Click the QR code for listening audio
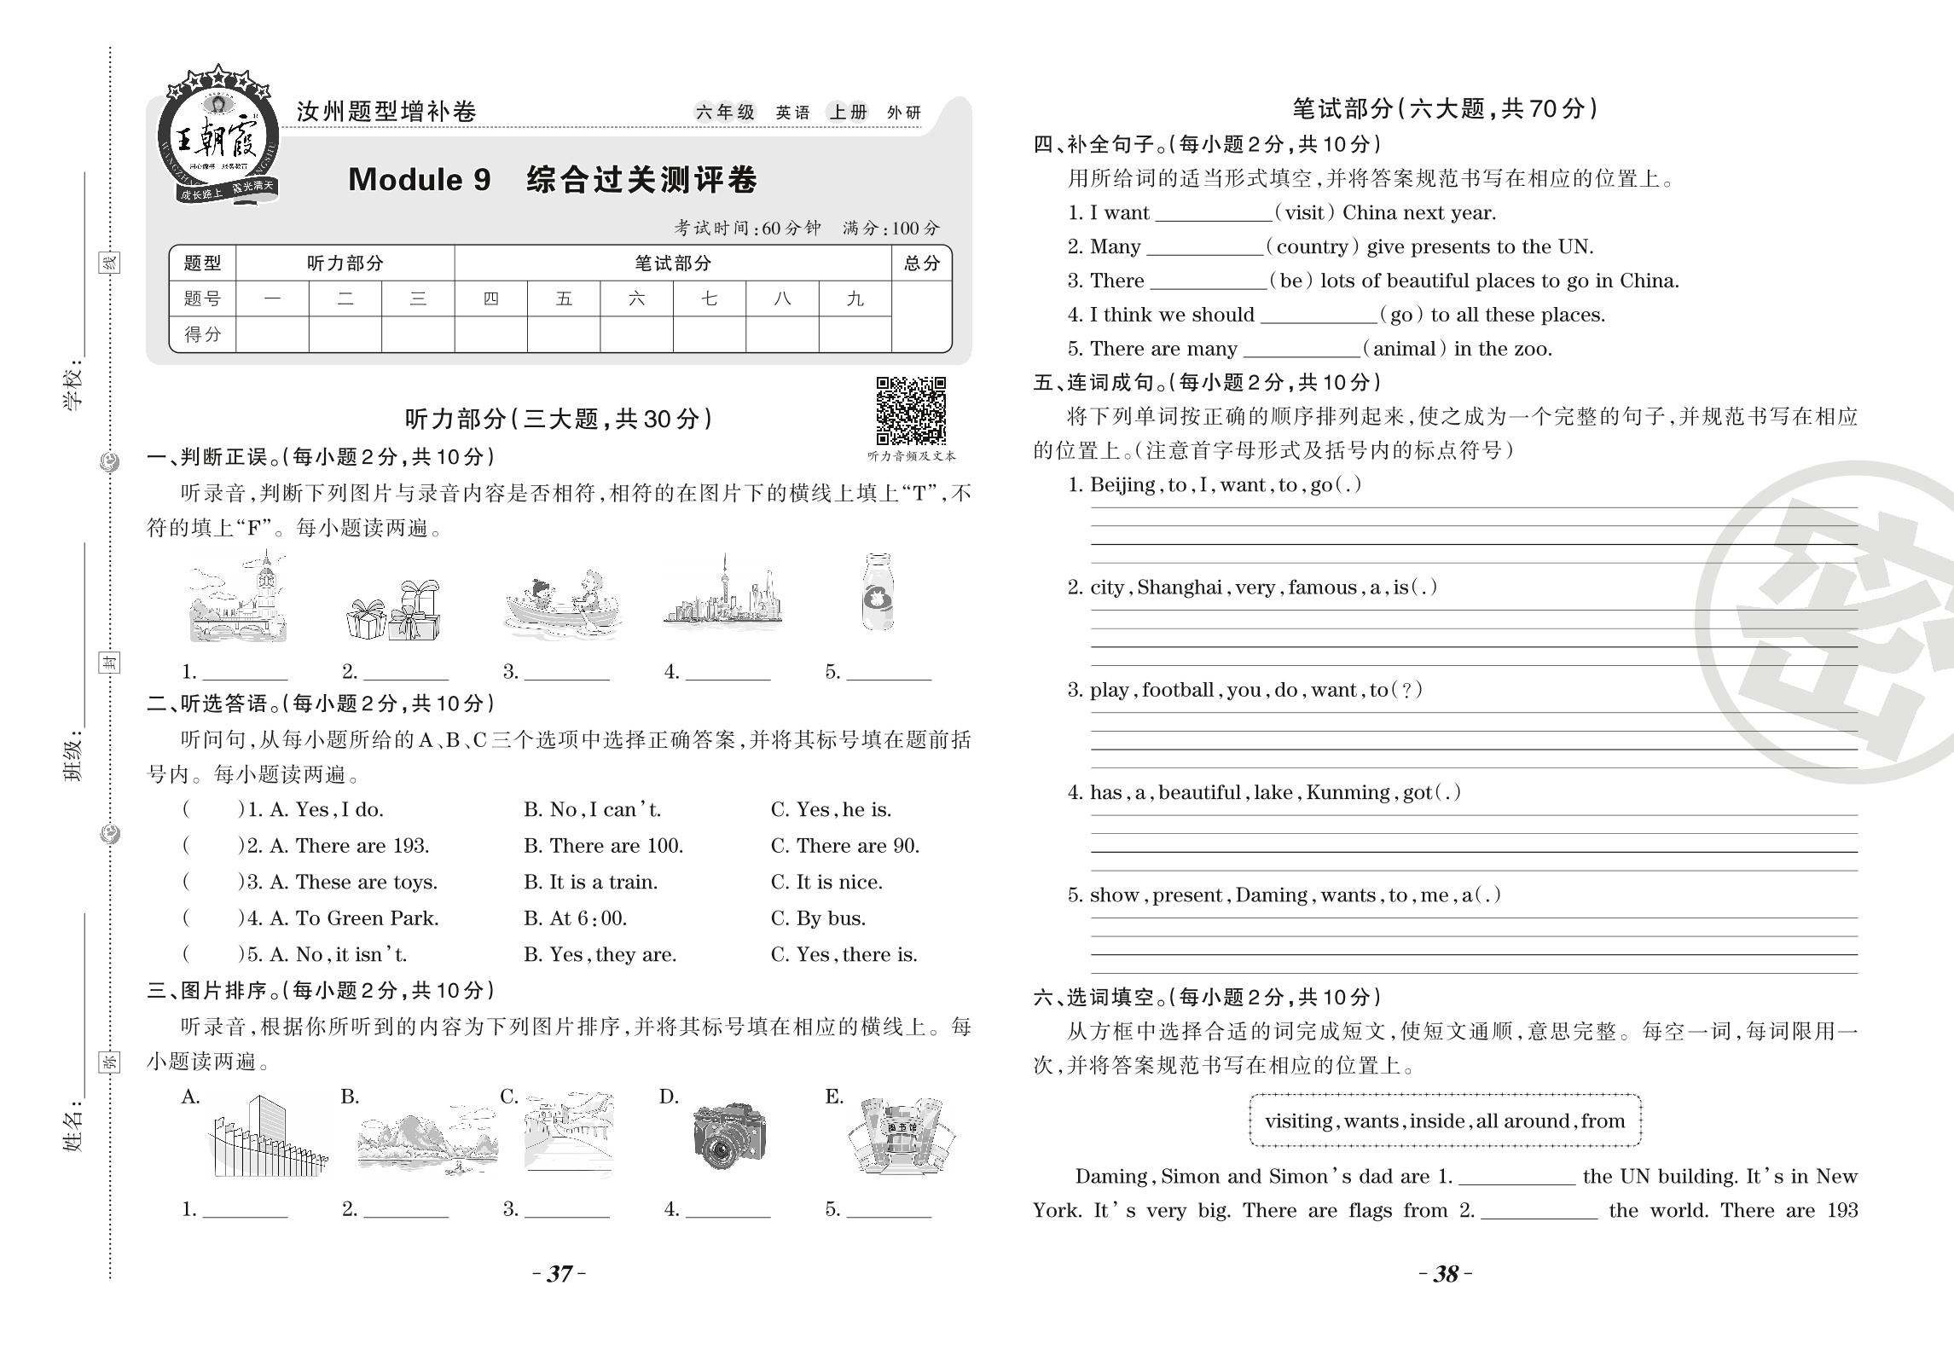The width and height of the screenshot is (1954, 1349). [911, 411]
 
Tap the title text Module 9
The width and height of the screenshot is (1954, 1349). [420, 180]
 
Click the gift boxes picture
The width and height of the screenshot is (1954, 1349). [394, 611]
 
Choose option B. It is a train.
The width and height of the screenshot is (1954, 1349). [590, 882]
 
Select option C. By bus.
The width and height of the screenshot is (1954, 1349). [818, 918]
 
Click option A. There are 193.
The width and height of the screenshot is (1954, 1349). [350, 846]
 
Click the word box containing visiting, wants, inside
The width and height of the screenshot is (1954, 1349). [1445, 1120]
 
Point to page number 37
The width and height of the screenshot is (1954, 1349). [560, 1273]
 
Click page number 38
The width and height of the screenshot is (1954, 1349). [1446, 1273]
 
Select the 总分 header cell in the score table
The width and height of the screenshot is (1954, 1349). [921, 263]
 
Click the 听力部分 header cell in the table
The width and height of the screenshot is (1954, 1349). [345, 263]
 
